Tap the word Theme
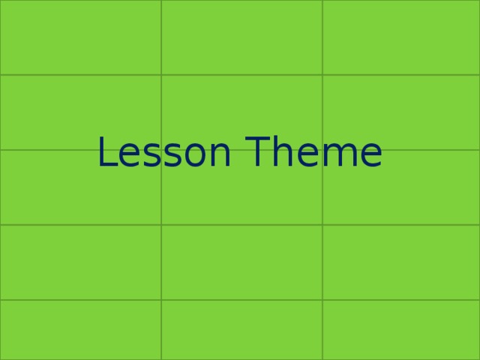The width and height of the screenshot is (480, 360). click(314, 153)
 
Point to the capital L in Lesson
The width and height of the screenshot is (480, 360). click(107, 153)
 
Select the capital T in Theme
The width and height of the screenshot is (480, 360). click(259, 153)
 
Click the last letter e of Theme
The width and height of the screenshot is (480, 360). click(370, 156)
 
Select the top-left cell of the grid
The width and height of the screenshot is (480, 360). click(80, 37)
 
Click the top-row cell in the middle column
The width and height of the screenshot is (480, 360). click(241, 37)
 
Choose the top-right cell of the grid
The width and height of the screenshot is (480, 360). click(401, 37)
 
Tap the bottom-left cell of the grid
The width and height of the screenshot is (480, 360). click(80, 330)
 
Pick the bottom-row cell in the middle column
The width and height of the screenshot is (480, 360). click(241, 330)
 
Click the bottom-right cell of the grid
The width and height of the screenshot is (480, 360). click(401, 330)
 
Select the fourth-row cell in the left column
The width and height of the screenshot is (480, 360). click(80, 262)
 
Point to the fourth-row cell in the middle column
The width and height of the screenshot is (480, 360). click(241, 262)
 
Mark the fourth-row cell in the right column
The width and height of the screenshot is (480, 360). click(401, 262)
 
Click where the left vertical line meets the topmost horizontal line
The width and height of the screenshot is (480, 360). click(161, 75)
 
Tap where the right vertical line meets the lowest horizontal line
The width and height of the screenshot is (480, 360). click(322, 300)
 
